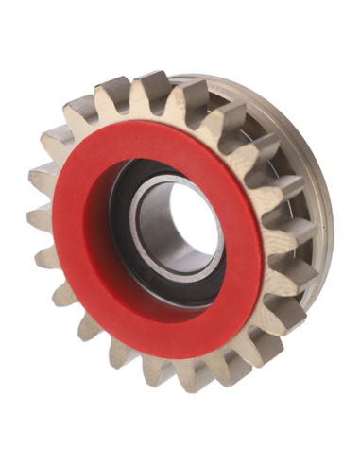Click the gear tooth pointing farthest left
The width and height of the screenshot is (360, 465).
40,217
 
